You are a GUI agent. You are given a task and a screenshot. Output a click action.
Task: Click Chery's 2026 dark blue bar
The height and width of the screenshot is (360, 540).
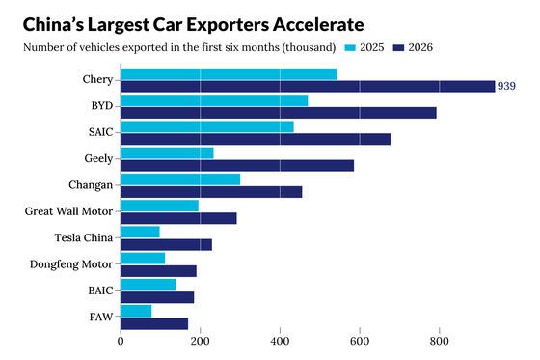308,86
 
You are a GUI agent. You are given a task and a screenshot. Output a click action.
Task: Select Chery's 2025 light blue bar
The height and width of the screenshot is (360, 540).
229,74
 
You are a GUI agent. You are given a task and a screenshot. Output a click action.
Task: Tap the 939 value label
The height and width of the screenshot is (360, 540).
506,86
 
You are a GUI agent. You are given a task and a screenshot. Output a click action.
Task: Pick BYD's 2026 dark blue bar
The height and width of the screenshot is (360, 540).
279,113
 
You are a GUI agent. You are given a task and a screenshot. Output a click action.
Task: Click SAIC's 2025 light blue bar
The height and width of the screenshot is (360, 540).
207,126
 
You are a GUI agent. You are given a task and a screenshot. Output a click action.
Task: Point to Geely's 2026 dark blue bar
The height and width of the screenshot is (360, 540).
237,165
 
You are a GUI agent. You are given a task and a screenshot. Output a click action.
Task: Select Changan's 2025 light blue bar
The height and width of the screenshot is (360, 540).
180,180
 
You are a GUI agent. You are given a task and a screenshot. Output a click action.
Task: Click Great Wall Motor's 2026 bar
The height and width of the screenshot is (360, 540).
178,218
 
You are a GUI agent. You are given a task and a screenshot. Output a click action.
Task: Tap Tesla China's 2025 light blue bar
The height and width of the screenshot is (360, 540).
140,232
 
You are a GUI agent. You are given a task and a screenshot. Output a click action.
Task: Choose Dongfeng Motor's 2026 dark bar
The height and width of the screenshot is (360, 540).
159,271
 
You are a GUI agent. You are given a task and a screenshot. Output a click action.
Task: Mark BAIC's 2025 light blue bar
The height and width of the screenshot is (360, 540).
148,285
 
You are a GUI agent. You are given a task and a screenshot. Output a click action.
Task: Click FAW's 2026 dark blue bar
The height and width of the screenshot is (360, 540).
154,323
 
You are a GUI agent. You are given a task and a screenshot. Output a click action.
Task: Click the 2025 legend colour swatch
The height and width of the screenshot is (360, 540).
350,48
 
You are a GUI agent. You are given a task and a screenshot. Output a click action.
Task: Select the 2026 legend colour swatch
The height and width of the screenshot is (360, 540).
398,48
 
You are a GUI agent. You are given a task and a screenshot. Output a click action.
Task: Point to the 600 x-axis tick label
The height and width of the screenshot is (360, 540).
360,342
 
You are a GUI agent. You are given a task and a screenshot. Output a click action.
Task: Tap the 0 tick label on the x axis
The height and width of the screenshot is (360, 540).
121,342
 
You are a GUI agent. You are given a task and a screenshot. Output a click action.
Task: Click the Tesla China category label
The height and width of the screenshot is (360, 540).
84,237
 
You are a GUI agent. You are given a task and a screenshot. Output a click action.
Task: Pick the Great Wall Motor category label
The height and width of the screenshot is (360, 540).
68,211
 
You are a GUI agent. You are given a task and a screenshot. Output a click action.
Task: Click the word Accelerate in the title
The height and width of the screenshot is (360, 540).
318,25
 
